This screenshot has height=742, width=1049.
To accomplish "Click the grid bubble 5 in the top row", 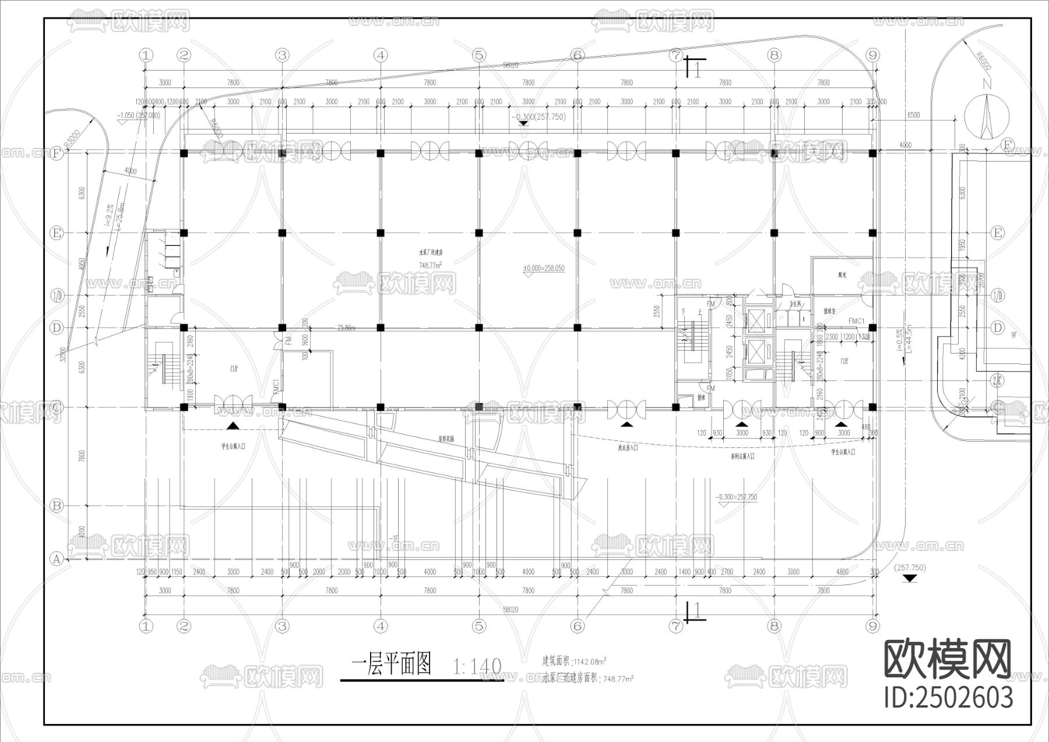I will point(479,55).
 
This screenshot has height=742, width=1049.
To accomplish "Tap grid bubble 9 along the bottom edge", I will point(872,626).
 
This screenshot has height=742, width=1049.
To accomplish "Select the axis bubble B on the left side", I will point(57,506).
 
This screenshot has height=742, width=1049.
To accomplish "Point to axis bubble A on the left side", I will point(57,559).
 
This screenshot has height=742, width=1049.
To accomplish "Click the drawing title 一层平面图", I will point(391,664).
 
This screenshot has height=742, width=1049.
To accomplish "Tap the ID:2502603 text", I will point(948,698).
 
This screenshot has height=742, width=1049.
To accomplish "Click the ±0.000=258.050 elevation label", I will point(543,268).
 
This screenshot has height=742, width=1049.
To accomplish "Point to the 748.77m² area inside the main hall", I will point(430,265).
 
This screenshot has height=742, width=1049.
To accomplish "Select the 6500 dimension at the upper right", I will point(913,115).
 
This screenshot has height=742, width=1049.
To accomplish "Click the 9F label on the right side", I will point(1014,335).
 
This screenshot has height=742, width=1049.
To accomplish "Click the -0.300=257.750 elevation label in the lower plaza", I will point(737,497).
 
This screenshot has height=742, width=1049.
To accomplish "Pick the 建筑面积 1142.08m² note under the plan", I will point(574,661).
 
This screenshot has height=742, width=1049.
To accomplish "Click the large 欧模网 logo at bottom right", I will point(948,659).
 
